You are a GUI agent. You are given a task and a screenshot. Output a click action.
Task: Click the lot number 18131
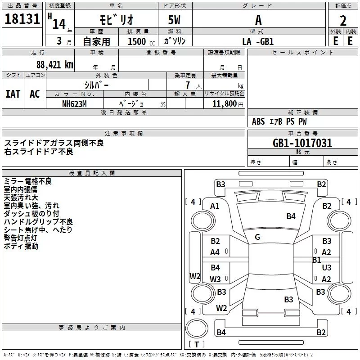[22, 21]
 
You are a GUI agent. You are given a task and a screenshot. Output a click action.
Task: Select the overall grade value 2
[343, 21]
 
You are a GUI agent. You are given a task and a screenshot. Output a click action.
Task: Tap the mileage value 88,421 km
[54, 64]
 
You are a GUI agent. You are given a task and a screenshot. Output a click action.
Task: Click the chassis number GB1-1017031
[302, 143]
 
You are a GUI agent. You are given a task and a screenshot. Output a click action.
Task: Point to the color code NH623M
[74, 103]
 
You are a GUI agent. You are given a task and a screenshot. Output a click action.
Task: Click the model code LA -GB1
[258, 41]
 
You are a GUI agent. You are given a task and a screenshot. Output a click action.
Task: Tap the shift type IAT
[13, 94]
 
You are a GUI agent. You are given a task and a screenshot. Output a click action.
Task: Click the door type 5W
[175, 21]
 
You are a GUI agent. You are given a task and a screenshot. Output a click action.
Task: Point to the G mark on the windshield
[257, 237]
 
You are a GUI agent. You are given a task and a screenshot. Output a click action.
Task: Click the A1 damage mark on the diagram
[215, 206]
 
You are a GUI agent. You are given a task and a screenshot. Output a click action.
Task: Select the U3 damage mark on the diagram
[327, 268]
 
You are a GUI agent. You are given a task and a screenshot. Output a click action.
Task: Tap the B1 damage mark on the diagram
[316, 260]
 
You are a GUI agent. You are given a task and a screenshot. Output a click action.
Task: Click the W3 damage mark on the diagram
[215, 279]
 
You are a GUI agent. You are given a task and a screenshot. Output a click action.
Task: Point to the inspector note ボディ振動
[21, 246]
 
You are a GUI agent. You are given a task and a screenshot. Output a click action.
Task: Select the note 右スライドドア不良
[39, 152]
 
